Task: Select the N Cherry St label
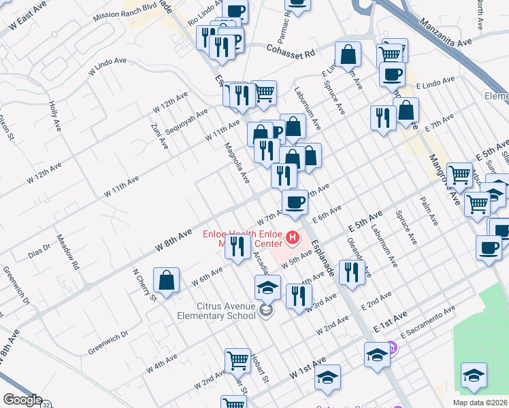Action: [x=144, y=284]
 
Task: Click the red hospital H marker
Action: [x=293, y=237]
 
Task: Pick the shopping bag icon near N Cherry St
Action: [x=166, y=280]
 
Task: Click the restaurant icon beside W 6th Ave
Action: [x=237, y=248]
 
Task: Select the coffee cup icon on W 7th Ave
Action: [x=295, y=202]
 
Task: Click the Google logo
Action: [x=22, y=401]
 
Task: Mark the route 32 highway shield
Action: [x=46, y=405]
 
